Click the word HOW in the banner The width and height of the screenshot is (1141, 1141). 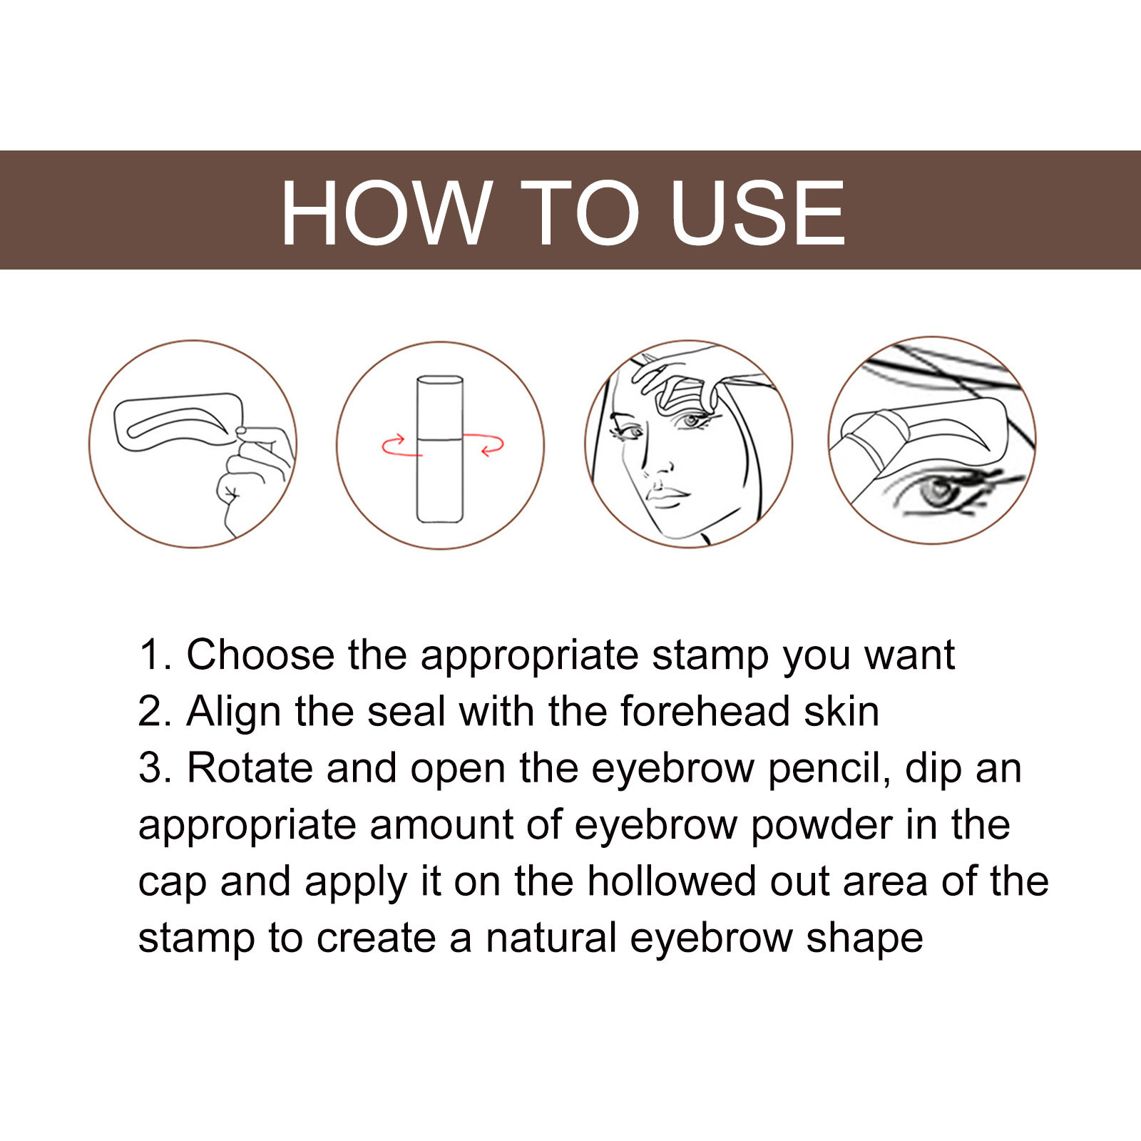click(386, 213)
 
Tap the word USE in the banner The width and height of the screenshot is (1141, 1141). click(757, 213)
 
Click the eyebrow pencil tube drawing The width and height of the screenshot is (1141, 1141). click(440, 449)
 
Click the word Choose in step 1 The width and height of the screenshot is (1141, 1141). click(260, 654)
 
